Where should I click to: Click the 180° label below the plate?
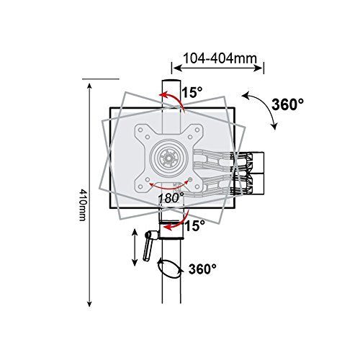pos(171,194)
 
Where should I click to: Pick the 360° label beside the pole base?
pos(202,270)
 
